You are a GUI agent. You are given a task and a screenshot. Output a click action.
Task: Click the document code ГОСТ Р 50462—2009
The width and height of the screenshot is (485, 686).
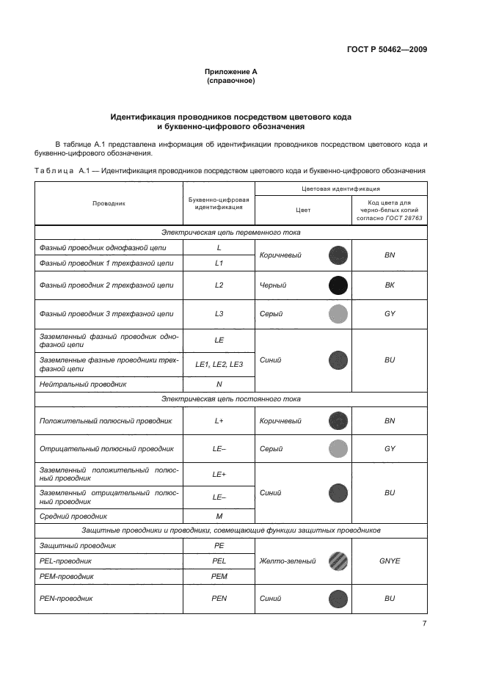click(x=387, y=49)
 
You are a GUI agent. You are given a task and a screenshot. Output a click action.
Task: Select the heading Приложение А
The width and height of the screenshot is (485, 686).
click(x=231, y=71)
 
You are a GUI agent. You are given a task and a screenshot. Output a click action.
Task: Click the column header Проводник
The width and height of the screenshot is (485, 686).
click(x=109, y=203)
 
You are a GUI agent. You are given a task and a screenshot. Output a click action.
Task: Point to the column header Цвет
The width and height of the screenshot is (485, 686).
click(x=302, y=210)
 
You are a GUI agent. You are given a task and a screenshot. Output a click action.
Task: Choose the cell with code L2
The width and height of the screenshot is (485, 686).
click(x=219, y=285)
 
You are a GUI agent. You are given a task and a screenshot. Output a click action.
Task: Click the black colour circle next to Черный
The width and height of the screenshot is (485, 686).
click(x=338, y=285)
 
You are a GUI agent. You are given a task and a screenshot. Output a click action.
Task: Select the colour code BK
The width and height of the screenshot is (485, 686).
click(x=390, y=285)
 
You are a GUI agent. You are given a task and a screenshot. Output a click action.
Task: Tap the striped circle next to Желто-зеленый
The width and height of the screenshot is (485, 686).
click(x=338, y=561)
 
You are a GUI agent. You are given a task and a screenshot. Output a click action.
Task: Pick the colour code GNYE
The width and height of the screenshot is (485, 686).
click(x=390, y=561)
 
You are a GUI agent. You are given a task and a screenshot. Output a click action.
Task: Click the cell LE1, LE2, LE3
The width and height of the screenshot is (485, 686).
click(x=219, y=365)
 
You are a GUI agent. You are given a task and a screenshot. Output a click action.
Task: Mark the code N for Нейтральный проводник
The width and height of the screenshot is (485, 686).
click(x=219, y=384)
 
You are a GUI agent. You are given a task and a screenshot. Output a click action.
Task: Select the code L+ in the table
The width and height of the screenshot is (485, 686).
click(x=219, y=421)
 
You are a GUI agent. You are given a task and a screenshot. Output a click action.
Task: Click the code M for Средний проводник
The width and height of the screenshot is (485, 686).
click(x=219, y=516)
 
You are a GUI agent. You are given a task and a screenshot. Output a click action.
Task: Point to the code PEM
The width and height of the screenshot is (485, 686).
click(x=219, y=576)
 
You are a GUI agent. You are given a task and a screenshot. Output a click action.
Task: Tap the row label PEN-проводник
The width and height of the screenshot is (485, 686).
click(x=69, y=598)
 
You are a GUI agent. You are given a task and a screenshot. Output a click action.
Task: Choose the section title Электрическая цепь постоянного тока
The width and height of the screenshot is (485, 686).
click(x=230, y=399)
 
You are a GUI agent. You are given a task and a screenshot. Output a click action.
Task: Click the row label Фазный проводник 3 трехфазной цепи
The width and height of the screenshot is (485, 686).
click(x=106, y=314)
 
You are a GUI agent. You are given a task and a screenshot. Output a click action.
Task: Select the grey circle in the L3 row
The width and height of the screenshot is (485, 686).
click(x=338, y=314)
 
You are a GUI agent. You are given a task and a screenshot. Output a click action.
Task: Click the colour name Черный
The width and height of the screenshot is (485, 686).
click(x=273, y=285)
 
